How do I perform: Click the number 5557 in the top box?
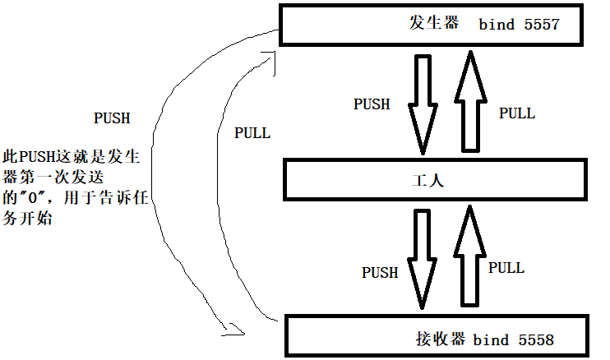pyautogui.click(x=540, y=24)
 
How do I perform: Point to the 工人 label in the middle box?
pyautogui.click(x=427, y=180)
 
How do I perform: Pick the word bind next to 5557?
pyautogui.click(x=497, y=24)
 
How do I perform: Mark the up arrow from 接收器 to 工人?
pyautogui.click(x=469, y=255)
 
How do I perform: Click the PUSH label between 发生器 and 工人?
pyautogui.click(x=372, y=104)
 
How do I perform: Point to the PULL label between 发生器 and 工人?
pyautogui.click(x=517, y=113)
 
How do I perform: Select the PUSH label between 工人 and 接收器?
pyautogui.click(x=380, y=272)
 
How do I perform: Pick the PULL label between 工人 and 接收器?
pyautogui.click(x=506, y=267)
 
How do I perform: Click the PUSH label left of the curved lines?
pyautogui.click(x=112, y=118)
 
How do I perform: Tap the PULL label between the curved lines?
pyautogui.click(x=252, y=133)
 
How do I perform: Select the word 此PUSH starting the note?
pyautogui.click(x=22, y=156)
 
